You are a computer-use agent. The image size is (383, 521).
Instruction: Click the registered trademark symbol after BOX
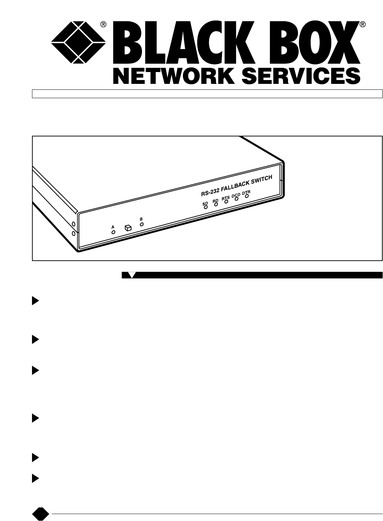[x=362, y=24]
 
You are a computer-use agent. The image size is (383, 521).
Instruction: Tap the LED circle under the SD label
[x=205, y=207]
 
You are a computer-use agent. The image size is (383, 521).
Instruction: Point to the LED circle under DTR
[x=247, y=196]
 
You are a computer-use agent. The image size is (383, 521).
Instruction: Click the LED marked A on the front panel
[x=113, y=231]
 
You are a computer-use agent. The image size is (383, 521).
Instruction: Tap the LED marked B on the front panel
[x=142, y=224]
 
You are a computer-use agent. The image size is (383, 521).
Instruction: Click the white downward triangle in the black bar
[x=131, y=275]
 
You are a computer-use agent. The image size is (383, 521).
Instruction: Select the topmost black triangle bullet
[x=35, y=301]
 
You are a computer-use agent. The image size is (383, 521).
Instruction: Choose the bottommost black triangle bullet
[x=35, y=479]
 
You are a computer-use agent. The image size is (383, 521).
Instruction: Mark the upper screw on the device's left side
[x=73, y=224]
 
